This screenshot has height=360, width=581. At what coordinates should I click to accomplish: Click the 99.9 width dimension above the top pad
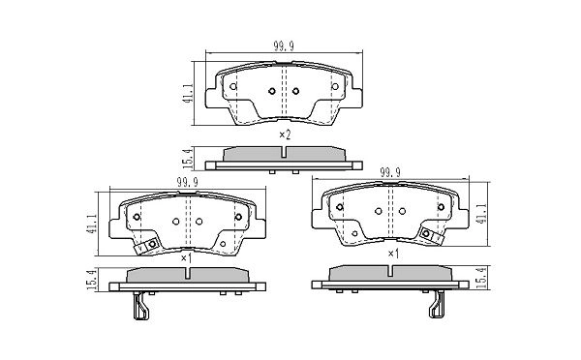284,45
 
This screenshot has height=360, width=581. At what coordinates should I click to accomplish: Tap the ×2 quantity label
285,135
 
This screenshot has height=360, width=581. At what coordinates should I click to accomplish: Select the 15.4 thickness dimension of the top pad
188,159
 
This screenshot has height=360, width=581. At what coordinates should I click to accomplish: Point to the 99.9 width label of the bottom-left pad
188,182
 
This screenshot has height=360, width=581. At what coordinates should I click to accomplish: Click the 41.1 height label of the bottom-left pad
92,224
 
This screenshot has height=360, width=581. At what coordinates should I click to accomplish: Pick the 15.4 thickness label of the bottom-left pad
92,280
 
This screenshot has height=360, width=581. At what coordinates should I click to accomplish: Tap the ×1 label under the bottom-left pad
186,258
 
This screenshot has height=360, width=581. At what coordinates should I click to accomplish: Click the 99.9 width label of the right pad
390,172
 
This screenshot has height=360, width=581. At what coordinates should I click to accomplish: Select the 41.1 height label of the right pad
481,214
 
